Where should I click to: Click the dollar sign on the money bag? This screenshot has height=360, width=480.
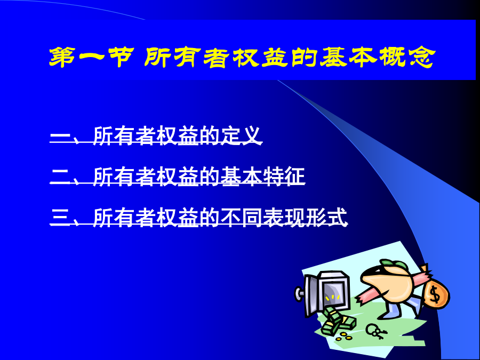[x=435, y=294]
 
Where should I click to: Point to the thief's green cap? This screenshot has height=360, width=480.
[x=395, y=265]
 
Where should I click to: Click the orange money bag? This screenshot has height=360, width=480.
[x=436, y=293]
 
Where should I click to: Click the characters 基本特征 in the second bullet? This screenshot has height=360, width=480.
[x=262, y=177]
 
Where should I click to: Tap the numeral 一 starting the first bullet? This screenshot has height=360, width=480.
[x=60, y=135]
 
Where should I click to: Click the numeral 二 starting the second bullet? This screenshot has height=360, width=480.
[x=60, y=177]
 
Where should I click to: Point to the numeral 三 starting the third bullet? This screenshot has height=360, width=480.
[x=60, y=218]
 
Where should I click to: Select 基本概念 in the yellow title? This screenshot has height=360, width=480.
[x=377, y=57]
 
